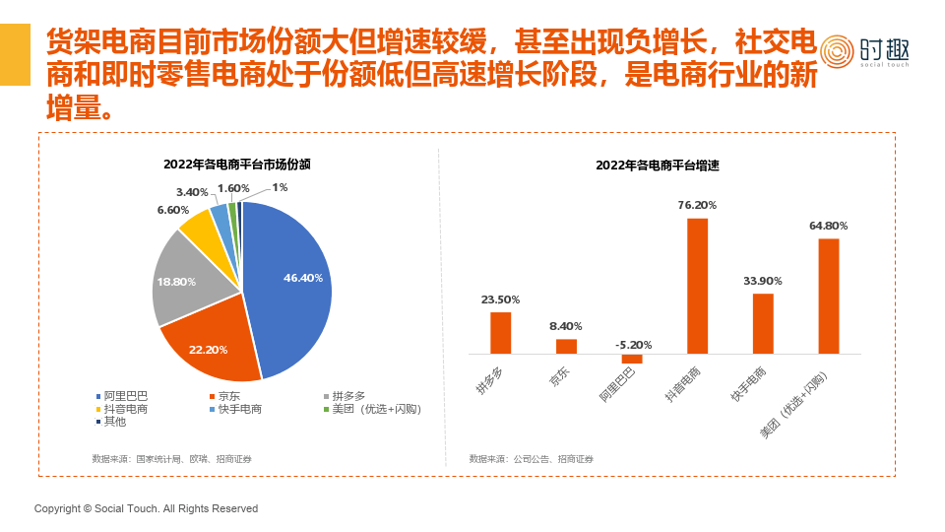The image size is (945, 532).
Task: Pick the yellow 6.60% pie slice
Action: click(200, 226)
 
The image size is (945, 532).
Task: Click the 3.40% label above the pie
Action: click(192, 192)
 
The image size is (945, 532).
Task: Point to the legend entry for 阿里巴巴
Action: click(122, 396)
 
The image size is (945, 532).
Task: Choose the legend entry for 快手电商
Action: click(239, 409)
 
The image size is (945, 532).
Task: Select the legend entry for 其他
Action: click(114, 422)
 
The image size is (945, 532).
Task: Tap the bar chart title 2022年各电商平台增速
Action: click(658, 166)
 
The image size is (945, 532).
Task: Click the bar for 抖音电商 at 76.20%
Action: click(697, 286)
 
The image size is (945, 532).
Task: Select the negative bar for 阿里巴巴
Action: click(632, 359)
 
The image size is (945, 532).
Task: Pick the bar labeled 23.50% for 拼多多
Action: click(501, 333)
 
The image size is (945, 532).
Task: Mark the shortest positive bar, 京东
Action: click(566, 346)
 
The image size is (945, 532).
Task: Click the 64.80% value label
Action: click(828, 226)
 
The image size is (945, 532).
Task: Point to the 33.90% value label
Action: click(763, 281)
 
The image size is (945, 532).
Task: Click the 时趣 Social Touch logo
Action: click(864, 51)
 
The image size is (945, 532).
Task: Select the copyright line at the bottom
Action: click(146, 508)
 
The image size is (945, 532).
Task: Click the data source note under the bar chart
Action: click(531, 459)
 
